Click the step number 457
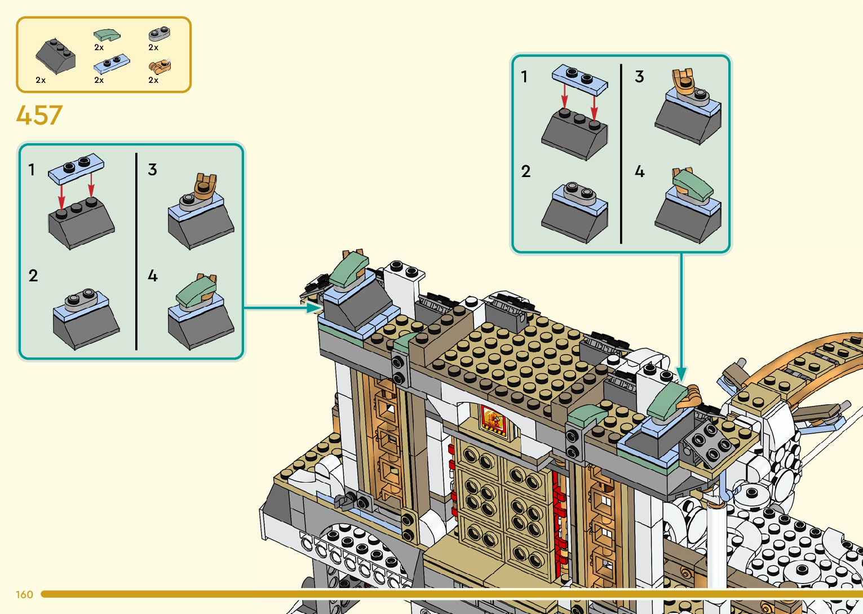39,116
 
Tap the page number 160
24,594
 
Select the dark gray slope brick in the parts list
55,55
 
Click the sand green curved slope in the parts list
107,35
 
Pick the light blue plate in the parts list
112,64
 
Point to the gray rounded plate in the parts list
159,33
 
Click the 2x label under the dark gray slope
41,80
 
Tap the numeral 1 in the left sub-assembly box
32,170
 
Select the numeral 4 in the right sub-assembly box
639,171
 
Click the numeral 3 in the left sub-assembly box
152,170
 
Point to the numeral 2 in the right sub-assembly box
525,171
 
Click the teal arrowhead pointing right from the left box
315,308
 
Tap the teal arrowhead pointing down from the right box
681,374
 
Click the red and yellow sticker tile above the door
493,420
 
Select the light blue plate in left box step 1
76,168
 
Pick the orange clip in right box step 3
683,81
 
